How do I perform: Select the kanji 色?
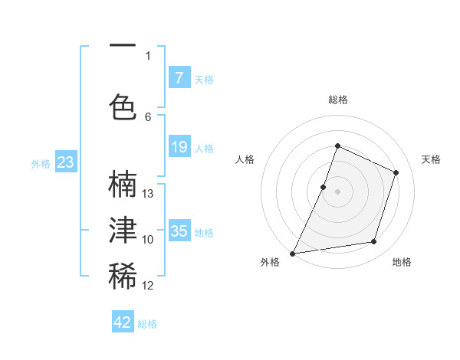pos(123,107)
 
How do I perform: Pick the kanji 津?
pos(123,231)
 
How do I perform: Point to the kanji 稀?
pos(123,277)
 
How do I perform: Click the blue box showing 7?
pos(179,77)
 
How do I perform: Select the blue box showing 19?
pos(179,147)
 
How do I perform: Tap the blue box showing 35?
pos(179,231)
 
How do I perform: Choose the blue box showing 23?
pos(65,162)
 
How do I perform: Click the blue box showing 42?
pos(123,322)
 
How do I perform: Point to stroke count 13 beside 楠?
pos(149,194)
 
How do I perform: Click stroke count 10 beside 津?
pos(149,240)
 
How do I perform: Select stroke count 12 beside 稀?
pos(149,286)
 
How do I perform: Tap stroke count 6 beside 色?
pos(149,116)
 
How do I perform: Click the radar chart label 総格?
pos(337,100)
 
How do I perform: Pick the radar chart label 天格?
pos(431,159)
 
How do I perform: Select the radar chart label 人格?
pos(245,159)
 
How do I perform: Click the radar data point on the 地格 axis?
pos(374,242)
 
